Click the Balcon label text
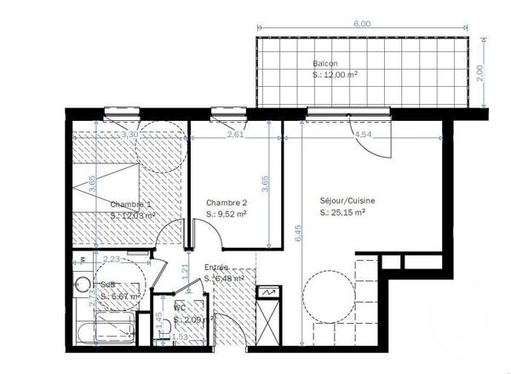pyautogui.click(x=324, y=63)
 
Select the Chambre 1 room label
pyautogui.click(x=131, y=204)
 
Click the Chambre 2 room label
pyautogui.click(x=227, y=203)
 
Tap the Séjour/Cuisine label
pyautogui.click(x=347, y=200)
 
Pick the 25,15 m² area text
pyautogui.click(x=347, y=213)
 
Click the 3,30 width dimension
pyautogui.click(x=130, y=135)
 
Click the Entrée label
pyautogui.click(x=215, y=268)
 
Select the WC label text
pyautogui.click(x=180, y=308)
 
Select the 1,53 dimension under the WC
pyautogui.click(x=180, y=337)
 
